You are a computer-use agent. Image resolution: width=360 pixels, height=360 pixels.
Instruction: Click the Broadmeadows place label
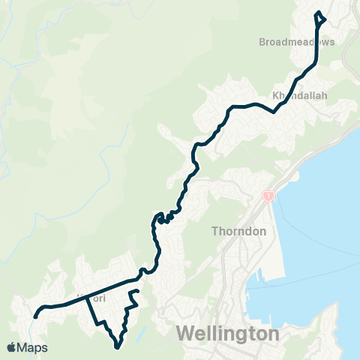297,42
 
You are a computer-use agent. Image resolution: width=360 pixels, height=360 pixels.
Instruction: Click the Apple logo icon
12,347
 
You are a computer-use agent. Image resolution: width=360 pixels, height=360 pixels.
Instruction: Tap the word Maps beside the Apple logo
33,347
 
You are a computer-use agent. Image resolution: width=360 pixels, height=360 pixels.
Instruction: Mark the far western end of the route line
35,316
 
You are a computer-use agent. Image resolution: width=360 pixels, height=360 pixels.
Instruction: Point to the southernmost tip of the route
117,347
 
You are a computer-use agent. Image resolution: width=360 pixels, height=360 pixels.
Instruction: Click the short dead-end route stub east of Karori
136,290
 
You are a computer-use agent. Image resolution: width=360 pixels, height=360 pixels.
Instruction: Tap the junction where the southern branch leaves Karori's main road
87,298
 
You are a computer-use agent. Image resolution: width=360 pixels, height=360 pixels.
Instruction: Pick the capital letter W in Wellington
184,331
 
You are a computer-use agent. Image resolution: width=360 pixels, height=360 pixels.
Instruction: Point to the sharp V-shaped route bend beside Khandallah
275,112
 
